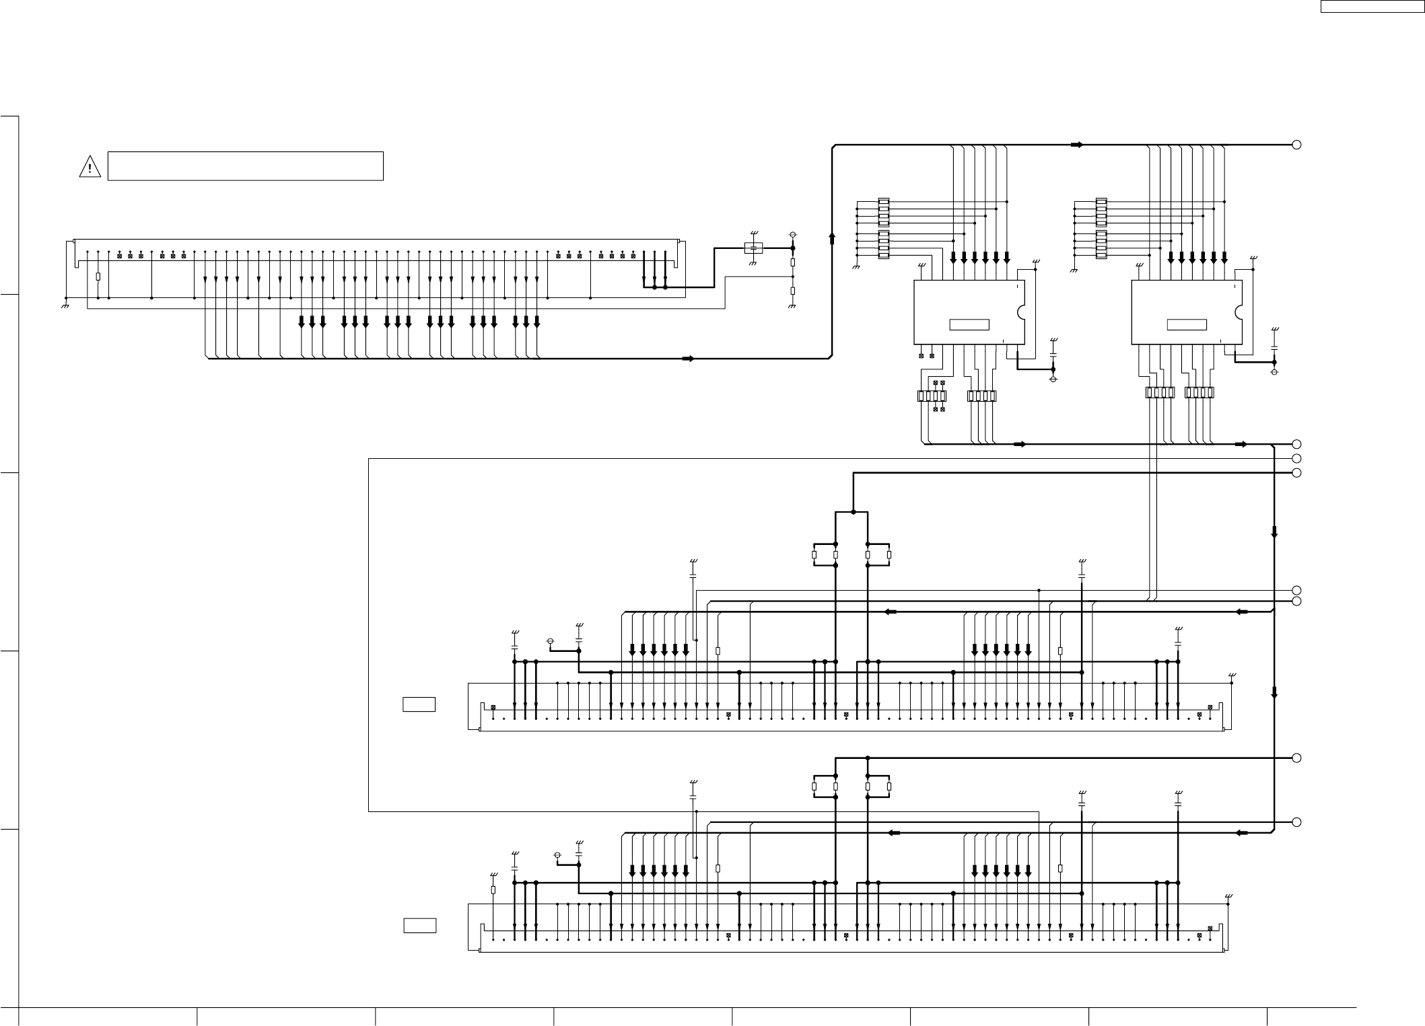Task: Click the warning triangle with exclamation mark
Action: (x=90, y=166)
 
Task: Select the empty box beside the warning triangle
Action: (x=245, y=166)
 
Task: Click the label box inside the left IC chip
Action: (x=969, y=325)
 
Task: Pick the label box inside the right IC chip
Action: (x=1187, y=325)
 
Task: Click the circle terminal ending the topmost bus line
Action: (x=1296, y=145)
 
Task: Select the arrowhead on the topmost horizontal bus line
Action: (x=1076, y=145)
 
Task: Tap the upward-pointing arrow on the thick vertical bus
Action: (x=833, y=238)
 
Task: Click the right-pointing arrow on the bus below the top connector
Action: (x=688, y=359)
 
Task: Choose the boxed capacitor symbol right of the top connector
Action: (x=753, y=248)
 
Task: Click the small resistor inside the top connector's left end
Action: (x=98, y=277)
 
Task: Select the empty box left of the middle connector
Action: (x=419, y=704)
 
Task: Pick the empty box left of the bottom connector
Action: (x=419, y=926)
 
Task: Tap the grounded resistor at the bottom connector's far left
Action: (x=493, y=889)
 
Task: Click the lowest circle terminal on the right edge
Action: (x=1296, y=822)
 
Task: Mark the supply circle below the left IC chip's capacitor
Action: (x=1053, y=379)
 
